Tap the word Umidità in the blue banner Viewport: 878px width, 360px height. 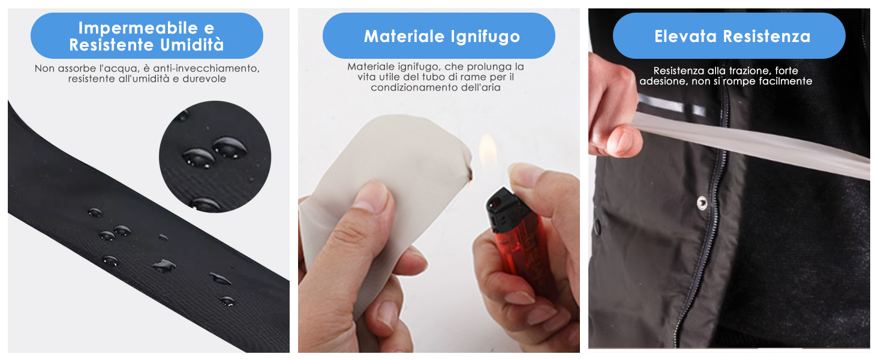click(192, 44)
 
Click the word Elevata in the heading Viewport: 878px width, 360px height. click(685, 37)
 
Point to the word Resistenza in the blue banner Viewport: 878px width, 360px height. click(766, 37)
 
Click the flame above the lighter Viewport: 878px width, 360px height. click(488, 151)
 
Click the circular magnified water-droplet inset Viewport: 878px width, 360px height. click(215, 157)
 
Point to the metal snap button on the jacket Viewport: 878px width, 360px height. click(702, 203)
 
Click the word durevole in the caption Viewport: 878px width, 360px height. click(205, 79)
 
